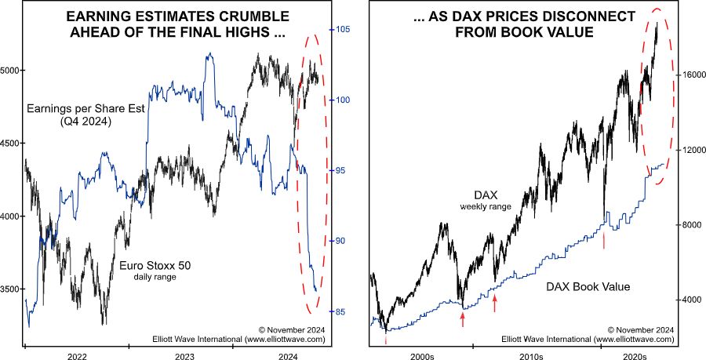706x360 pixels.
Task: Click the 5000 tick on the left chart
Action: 11,71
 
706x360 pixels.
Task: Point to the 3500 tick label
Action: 11,289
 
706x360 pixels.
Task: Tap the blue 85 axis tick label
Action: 339,312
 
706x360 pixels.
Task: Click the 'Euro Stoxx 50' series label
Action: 155,266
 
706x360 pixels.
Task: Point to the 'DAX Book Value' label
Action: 588,287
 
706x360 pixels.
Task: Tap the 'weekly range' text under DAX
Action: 486,207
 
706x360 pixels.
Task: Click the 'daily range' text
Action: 155,278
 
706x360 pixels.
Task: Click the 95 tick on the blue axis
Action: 339,171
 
